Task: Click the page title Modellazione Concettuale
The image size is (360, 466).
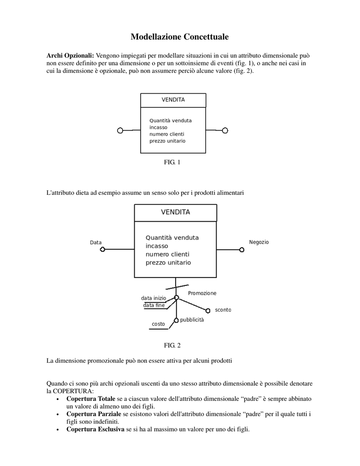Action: point(180,37)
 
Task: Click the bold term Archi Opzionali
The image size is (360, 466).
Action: point(70,56)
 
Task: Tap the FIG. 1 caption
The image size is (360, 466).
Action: point(172,162)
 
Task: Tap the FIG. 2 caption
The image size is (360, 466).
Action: point(172,345)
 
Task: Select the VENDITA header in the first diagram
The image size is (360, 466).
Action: point(173,100)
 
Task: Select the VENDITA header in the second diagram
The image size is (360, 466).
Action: point(175,212)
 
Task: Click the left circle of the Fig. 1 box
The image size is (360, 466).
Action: point(120,131)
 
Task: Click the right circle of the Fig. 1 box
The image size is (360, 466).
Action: point(225,131)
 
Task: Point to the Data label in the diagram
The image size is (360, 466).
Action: point(96,243)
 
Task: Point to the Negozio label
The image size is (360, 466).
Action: point(259,242)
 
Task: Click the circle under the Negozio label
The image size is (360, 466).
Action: point(242,250)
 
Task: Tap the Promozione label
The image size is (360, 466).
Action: point(202,293)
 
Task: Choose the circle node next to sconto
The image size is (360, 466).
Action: point(208,310)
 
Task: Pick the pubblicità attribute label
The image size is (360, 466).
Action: point(192,320)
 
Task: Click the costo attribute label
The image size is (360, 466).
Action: point(158,324)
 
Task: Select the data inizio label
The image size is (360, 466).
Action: point(153,298)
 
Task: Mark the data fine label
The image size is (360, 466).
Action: point(154,305)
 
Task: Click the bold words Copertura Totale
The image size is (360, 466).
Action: point(91,399)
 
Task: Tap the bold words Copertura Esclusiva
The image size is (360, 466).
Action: point(96,430)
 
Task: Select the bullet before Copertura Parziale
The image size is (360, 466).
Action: point(58,415)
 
